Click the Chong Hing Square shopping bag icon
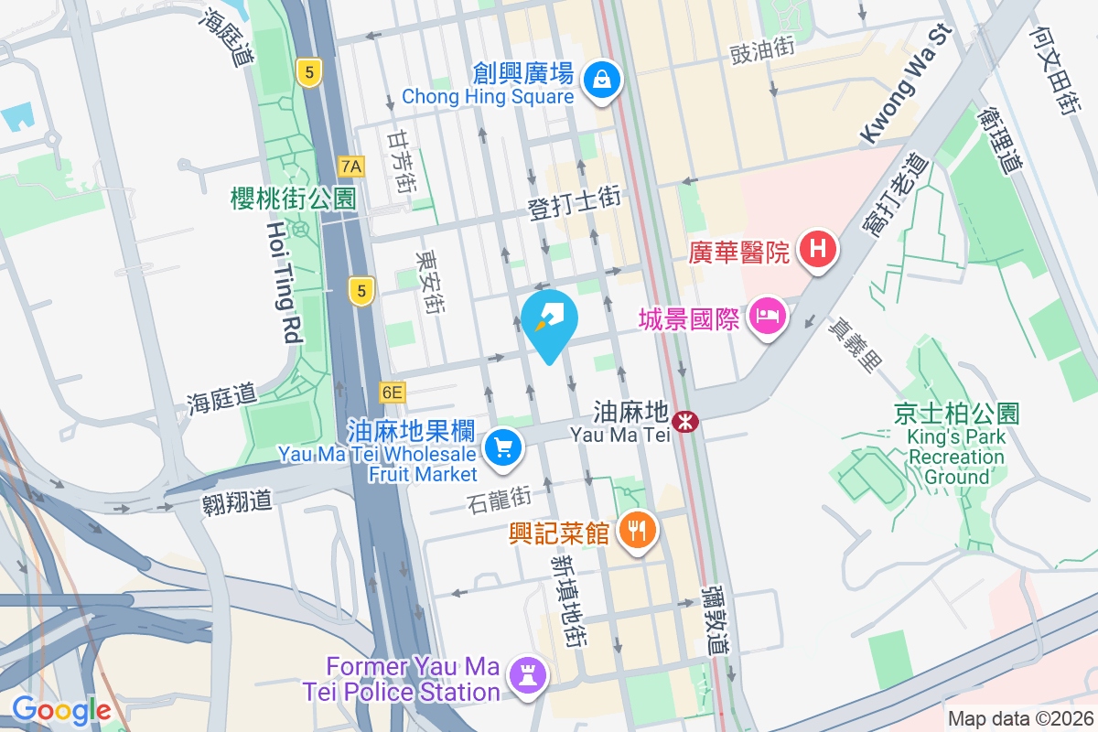603,80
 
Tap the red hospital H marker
819,248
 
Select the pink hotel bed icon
768,317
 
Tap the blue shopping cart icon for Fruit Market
502,448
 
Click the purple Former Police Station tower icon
529,676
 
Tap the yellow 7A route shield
351,167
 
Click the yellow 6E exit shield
392,393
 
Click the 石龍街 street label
499,501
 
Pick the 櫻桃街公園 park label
294,199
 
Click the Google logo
61,710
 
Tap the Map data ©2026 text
1019,719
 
